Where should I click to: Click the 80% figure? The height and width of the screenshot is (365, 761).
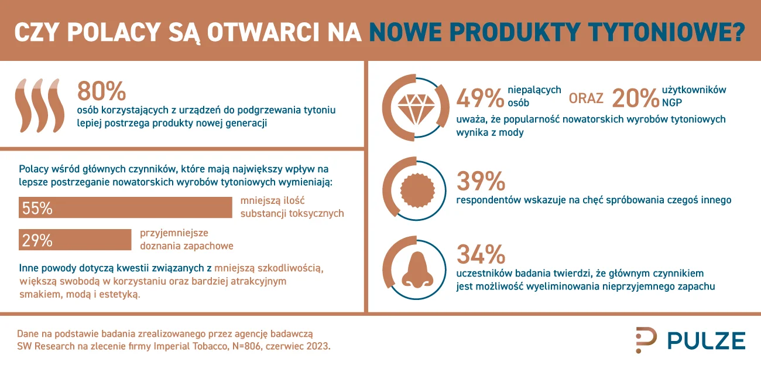coord(101,91)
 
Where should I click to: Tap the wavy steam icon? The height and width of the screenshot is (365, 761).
coord(39,106)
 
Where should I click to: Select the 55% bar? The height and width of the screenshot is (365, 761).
coord(125,207)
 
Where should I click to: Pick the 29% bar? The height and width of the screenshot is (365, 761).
coord(75,240)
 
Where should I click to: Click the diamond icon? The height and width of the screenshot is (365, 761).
coord(416,109)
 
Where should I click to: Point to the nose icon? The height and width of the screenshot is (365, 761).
coord(417,270)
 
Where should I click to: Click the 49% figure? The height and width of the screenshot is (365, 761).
coord(479,98)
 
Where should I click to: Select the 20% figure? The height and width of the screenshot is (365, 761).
coord(635,98)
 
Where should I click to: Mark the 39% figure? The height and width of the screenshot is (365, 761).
coord(481,181)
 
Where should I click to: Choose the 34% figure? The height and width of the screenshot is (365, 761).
coord(481,254)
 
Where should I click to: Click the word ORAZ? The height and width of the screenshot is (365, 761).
coord(586,98)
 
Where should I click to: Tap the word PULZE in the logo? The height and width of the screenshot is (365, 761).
coord(707,341)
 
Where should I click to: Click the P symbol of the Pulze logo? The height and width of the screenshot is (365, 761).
coord(646,340)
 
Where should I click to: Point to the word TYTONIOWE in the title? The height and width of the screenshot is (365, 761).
coord(667,32)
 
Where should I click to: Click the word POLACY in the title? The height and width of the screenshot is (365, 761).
coord(114,32)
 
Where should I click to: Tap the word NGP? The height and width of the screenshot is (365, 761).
coord(671,103)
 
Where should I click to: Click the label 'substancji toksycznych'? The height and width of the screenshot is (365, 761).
coord(292,214)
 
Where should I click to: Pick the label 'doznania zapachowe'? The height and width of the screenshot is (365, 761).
coord(187,246)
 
